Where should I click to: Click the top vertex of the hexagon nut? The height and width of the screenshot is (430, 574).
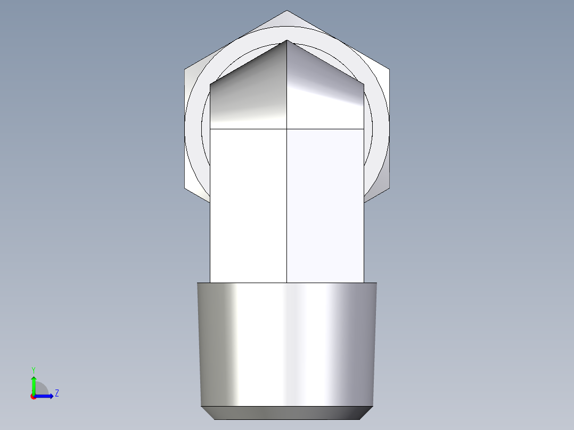click(287, 11)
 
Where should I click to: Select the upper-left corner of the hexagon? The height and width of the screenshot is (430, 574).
click(185, 69)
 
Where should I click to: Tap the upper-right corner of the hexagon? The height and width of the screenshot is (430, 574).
click(389, 69)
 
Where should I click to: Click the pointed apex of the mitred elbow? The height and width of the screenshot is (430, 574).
click(287, 40)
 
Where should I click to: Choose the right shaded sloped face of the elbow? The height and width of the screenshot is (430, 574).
click(325, 96)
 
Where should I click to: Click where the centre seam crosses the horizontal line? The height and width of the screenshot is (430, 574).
click(287, 129)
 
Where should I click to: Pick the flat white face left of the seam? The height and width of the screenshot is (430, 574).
click(248, 205)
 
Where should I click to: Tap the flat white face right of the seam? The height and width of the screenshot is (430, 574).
click(325, 205)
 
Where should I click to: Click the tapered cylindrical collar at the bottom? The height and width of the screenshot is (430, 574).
click(287, 343)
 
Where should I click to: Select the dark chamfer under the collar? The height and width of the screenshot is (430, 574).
click(287, 412)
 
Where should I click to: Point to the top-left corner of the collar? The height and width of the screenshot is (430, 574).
click(198, 283)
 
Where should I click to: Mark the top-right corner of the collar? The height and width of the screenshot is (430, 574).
click(376, 283)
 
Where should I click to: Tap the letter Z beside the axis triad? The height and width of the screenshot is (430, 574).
click(56, 393)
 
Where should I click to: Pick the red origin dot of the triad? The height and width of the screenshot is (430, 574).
click(34, 396)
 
